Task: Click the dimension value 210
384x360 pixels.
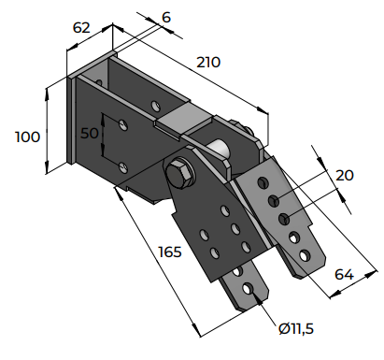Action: pyautogui.click(x=208, y=63)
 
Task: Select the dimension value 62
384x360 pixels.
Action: pyautogui.click(x=81, y=28)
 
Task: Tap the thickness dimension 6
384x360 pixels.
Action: pyautogui.click(x=166, y=18)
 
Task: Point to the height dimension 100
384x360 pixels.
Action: pyautogui.click(x=28, y=137)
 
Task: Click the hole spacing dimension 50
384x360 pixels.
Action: pyautogui.click(x=90, y=133)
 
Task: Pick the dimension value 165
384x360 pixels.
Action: pyautogui.click(x=170, y=252)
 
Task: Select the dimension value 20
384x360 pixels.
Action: pyautogui.click(x=345, y=176)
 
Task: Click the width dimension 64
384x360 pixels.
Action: pyautogui.click(x=344, y=275)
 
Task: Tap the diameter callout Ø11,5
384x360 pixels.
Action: pyautogui.click(x=296, y=328)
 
